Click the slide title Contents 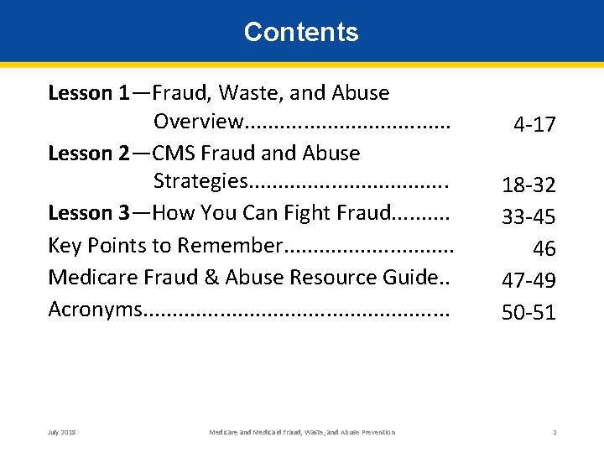click(x=301, y=32)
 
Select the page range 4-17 click(x=534, y=125)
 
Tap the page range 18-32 click(x=528, y=185)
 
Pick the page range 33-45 click(x=528, y=217)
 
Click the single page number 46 click(x=544, y=248)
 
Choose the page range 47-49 click(x=528, y=279)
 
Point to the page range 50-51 click(x=528, y=312)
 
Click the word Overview click(x=197, y=122)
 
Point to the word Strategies click(x=200, y=182)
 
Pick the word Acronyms click(x=95, y=309)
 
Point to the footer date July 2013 click(x=62, y=432)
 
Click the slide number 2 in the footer click(x=555, y=432)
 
